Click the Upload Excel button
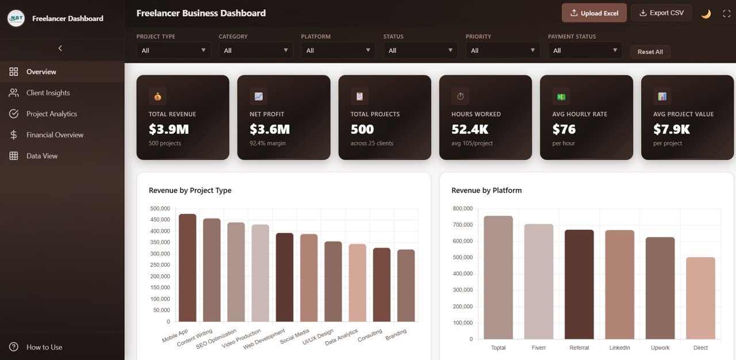coord(594,13)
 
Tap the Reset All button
coord(650,52)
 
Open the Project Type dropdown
coord(173,51)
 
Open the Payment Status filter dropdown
coord(585,51)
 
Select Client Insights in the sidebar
coord(48,93)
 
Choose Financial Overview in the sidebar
coord(55,135)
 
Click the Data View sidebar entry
coord(42,156)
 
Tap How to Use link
coord(44,347)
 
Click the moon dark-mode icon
coord(706,14)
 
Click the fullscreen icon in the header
coord(726,14)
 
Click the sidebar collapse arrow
coord(60,48)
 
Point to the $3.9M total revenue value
coord(168,129)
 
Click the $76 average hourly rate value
coord(563,129)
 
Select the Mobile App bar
coord(187,268)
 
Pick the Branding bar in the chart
coord(405,285)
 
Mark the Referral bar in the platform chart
coord(579,284)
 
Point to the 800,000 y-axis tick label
coord(462,209)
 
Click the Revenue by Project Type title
coord(190,190)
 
